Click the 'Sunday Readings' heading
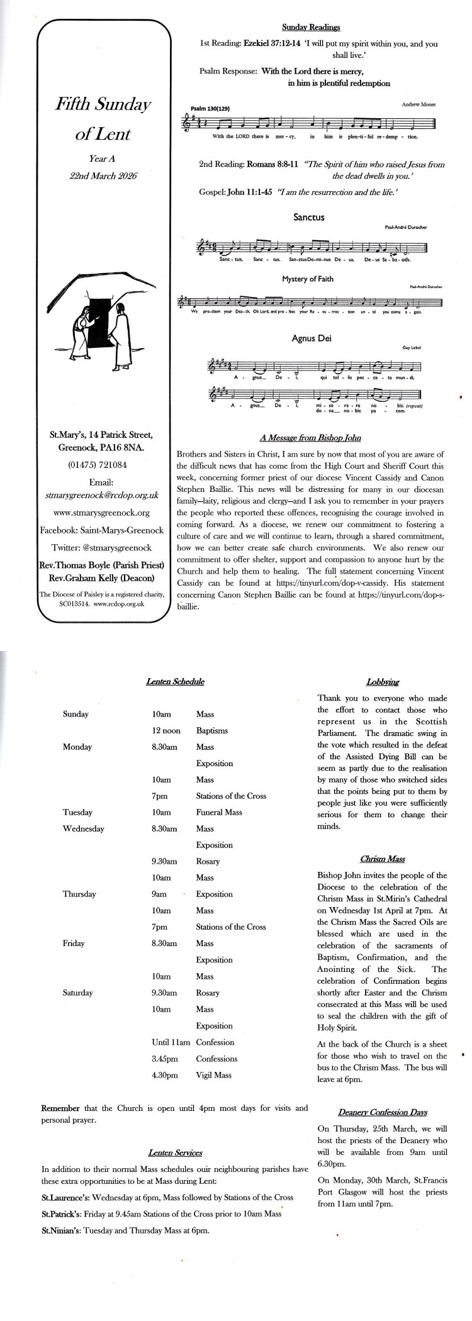coord(310,27)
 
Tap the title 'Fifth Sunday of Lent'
coord(103,119)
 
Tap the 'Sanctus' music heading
coord(308,218)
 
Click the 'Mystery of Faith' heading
coord(308,279)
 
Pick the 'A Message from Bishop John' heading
coord(310,438)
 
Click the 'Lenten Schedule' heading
coord(175,681)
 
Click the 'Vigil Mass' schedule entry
coord(214,1075)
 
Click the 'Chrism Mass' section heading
coord(382,859)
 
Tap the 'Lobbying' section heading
coord(382,682)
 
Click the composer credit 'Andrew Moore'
coord(418,104)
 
